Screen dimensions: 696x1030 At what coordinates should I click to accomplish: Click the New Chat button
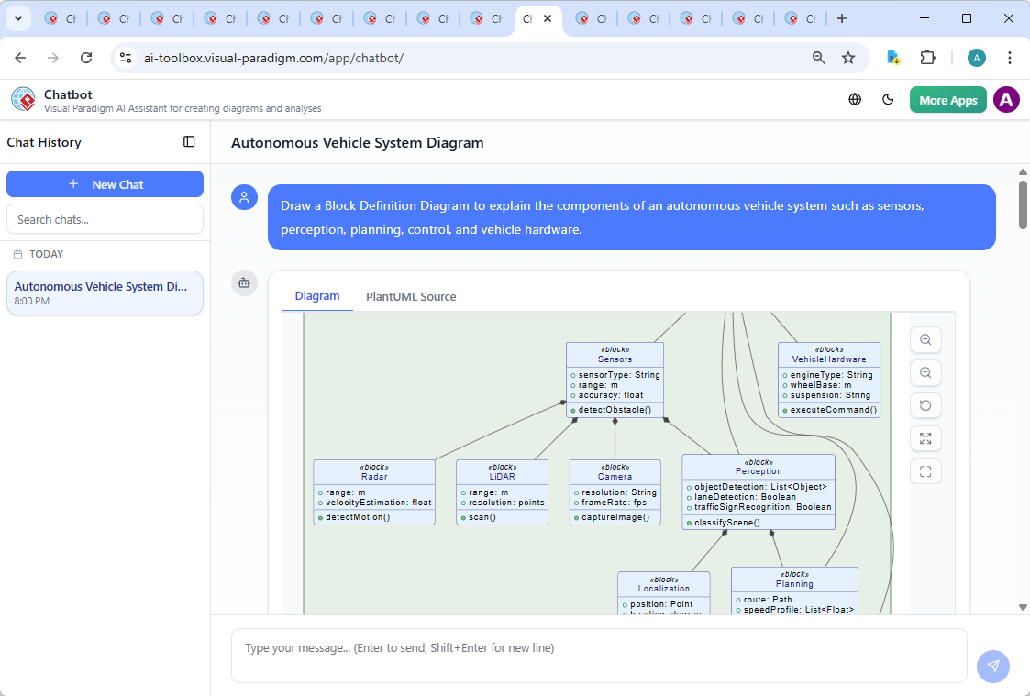tap(105, 184)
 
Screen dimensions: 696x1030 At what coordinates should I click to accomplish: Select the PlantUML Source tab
tap(411, 296)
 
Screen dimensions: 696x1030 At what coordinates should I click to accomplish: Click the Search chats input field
tap(105, 219)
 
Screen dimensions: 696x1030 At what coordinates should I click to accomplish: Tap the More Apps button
tap(947, 100)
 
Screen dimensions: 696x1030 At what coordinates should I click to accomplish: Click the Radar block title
tap(374, 477)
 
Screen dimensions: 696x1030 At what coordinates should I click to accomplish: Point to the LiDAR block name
tap(502, 477)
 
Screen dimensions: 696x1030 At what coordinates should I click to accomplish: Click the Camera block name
tap(615, 477)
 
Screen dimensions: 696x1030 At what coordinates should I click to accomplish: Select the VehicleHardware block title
tap(829, 359)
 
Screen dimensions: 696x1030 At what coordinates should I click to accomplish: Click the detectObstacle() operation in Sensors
tap(615, 410)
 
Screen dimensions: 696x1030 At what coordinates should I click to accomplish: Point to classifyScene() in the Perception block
tap(727, 523)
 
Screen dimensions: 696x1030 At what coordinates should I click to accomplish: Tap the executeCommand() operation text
tap(834, 410)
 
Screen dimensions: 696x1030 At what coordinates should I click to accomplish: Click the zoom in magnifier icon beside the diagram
tap(925, 340)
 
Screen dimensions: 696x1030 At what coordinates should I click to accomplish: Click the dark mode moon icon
tap(888, 100)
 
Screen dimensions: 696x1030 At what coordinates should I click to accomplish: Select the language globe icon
tap(855, 100)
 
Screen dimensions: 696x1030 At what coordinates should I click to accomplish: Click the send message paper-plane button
tap(992, 667)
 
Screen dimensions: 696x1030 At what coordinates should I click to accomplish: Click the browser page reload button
tap(86, 58)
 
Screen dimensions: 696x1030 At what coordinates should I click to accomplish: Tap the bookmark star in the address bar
tap(848, 58)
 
